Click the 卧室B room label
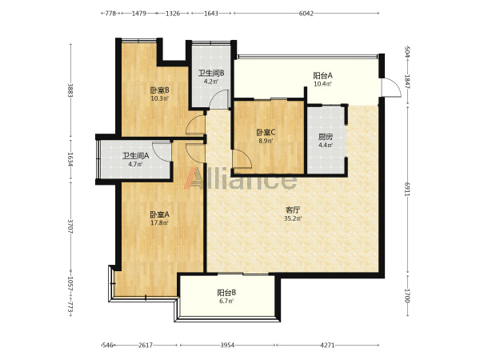[159, 90]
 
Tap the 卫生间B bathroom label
[211, 74]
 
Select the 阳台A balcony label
[322, 75]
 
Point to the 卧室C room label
[266, 133]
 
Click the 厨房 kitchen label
[326, 137]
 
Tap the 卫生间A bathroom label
[136, 156]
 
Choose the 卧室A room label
[159, 214]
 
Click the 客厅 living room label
[293, 210]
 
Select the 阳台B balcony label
[226, 293]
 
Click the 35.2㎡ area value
[293, 218]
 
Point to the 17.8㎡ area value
[159, 223]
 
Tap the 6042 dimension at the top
[306, 13]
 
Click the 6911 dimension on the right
[407, 189]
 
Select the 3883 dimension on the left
[70, 90]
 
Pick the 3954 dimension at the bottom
[227, 346]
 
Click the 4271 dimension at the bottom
[327, 346]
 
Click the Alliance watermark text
[241, 178]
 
